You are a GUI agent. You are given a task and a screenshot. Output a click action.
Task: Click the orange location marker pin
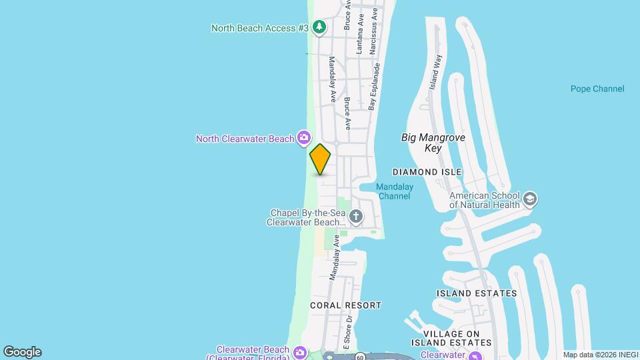tap(320, 159)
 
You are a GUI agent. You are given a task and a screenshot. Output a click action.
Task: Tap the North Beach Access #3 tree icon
tap(319, 27)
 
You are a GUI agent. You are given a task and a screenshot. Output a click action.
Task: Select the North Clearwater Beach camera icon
tap(304, 138)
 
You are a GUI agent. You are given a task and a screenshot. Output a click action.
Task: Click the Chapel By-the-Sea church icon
tap(356, 216)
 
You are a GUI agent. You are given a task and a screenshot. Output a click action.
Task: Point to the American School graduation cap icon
tap(530, 199)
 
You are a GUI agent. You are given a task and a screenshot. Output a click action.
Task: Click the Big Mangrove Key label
tap(433, 143)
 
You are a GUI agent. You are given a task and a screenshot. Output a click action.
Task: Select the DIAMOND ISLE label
tap(427, 172)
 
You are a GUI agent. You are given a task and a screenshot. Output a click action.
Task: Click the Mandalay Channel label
tap(394, 191)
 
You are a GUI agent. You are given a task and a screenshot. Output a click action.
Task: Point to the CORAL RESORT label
tap(345, 305)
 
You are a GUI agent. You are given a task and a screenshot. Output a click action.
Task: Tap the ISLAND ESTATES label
tap(476, 293)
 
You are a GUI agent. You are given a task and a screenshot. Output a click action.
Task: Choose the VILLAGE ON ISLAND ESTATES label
tap(451, 338)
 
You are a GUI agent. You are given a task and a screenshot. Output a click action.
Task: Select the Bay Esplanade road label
tap(375, 87)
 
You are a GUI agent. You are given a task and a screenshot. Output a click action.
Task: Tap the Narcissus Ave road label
tap(375, 22)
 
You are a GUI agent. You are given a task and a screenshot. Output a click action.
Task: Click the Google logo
tap(22, 352)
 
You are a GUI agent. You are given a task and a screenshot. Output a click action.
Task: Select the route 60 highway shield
tap(359, 357)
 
